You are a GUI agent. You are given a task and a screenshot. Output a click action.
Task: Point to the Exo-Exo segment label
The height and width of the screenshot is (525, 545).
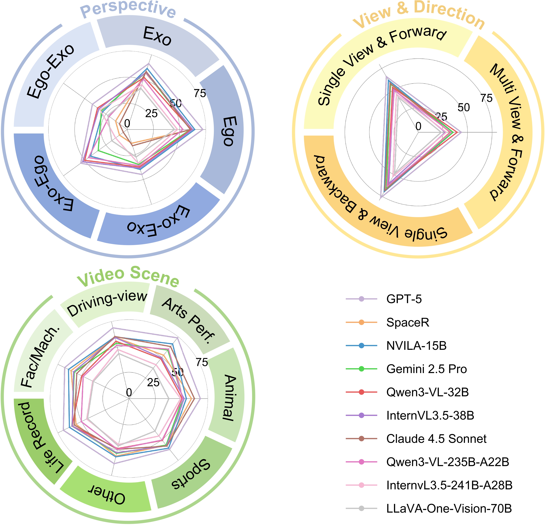tap(159, 221)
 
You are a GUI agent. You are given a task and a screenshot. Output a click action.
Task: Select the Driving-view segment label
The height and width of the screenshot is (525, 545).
tap(107, 303)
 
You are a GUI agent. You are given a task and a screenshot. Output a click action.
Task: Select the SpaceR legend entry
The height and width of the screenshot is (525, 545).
tap(407, 322)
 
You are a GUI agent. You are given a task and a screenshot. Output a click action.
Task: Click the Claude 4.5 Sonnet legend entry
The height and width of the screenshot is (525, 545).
tap(436, 439)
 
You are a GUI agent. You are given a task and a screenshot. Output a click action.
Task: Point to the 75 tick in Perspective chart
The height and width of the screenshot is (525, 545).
tap(200, 93)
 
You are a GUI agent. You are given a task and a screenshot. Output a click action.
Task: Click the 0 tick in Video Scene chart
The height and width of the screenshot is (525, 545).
tap(129, 392)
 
